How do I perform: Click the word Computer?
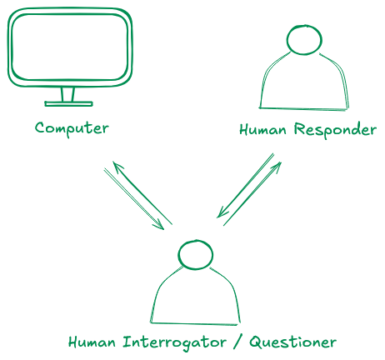click(x=72, y=128)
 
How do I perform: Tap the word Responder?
click(x=335, y=129)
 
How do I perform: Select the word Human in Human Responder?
click(x=262, y=130)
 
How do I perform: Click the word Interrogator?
click(x=174, y=342)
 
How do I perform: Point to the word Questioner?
click(x=292, y=342)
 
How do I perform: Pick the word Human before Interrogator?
click(x=92, y=342)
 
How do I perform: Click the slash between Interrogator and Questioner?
click(x=237, y=342)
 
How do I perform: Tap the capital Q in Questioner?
click(x=255, y=342)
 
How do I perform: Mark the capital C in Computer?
click(x=41, y=127)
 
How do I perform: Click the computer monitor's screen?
click(x=70, y=47)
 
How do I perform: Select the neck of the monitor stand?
click(x=67, y=94)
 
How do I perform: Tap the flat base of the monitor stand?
click(x=68, y=104)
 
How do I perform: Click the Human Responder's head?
click(x=304, y=39)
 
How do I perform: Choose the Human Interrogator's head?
click(x=195, y=255)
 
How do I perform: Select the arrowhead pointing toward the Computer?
click(x=117, y=166)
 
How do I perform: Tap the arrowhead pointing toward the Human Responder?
click(x=277, y=166)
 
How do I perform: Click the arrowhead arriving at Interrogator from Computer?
click(x=160, y=225)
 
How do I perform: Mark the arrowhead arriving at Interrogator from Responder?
click(x=222, y=212)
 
